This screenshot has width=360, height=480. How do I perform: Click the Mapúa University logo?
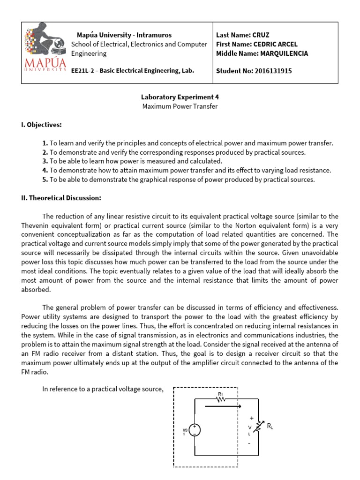click(x=45, y=52)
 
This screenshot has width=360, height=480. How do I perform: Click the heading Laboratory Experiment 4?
click(x=180, y=97)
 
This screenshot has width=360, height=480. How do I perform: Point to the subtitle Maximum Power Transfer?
click(x=180, y=106)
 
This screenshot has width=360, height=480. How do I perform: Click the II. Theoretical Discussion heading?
click(x=61, y=198)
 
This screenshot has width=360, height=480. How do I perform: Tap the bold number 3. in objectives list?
click(x=45, y=161)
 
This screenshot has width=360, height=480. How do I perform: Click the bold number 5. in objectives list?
click(x=45, y=180)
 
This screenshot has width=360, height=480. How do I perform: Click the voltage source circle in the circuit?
click(x=195, y=430)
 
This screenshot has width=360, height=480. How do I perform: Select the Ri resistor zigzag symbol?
click(x=221, y=400)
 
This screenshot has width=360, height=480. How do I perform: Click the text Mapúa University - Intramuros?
click(x=124, y=35)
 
